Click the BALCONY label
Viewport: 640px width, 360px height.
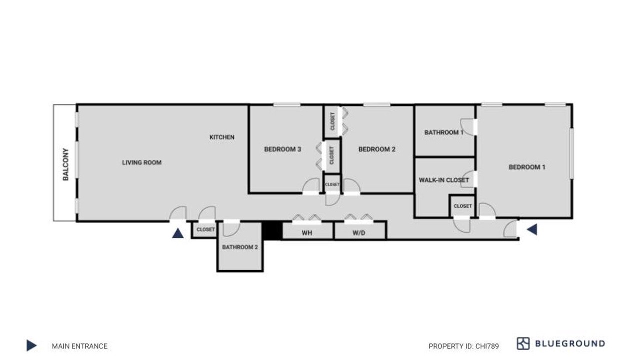pos(66,164)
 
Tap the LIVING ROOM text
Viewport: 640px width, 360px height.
pos(142,163)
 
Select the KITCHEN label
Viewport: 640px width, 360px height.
pos(222,137)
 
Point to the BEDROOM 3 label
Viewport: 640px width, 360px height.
pos(283,149)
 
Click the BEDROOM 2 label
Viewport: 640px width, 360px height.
pos(377,149)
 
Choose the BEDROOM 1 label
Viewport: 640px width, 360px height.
pos(527,167)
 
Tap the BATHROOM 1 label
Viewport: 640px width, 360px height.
pos(444,132)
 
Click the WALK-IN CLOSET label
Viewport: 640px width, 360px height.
pos(444,180)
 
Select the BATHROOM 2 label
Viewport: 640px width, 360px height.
pos(240,247)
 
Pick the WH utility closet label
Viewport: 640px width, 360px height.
pos(307,233)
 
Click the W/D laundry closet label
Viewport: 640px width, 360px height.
pos(359,233)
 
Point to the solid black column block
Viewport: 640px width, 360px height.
pos(272,231)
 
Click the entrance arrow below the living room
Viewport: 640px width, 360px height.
pos(178,233)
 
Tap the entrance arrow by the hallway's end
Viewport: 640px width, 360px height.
pos(532,229)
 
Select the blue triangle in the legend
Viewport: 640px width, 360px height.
pos(31,345)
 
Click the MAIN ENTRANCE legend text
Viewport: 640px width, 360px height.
pos(79,346)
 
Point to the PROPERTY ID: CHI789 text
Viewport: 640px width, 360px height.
pos(464,346)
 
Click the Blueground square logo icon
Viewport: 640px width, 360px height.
pos(523,343)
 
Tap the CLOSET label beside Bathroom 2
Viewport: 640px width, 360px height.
pos(205,229)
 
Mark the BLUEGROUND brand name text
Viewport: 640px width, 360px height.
pos(570,343)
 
